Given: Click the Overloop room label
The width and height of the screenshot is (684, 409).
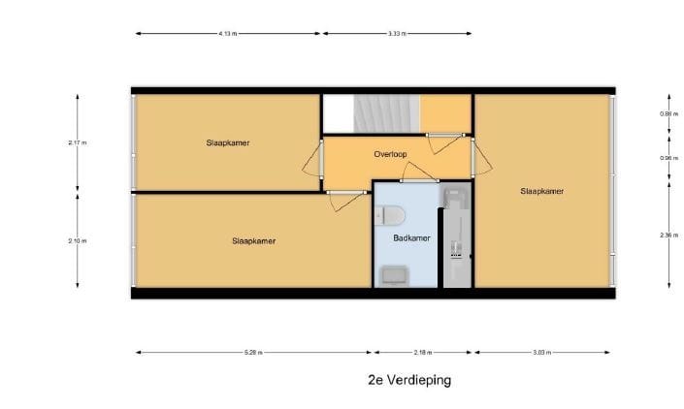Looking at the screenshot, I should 389,154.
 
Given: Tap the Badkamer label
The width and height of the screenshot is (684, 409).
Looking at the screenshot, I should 405,237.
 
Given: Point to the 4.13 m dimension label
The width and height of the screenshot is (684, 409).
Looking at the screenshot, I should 228,33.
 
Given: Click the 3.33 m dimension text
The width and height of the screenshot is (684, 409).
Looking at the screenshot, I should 396,33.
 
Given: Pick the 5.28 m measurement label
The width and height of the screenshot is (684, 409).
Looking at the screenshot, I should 252,352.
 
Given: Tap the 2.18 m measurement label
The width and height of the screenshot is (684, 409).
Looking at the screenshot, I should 422,352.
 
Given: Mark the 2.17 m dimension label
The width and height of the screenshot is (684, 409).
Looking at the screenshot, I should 78,142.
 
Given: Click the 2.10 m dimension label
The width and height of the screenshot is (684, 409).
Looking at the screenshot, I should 78,240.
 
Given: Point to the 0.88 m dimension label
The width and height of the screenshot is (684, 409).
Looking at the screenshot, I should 667,114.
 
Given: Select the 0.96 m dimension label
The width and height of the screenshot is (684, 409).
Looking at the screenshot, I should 667,158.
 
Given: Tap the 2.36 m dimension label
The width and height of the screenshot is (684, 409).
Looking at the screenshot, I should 667,235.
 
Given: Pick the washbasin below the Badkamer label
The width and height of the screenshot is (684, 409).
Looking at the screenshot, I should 395,275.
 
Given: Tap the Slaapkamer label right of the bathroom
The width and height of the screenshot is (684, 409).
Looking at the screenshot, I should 541,191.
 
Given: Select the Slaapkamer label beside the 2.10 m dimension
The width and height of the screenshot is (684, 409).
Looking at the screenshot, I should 253,240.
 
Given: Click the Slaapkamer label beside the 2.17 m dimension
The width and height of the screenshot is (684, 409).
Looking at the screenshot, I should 228,142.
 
